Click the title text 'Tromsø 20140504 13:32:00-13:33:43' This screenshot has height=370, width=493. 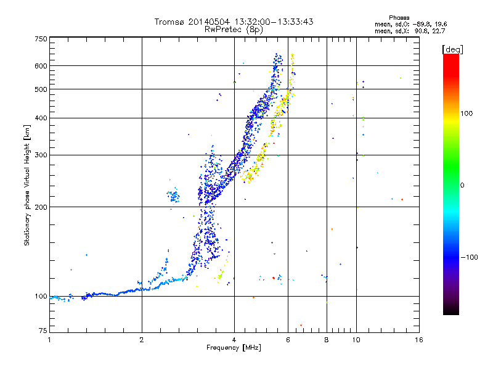pos(234,22)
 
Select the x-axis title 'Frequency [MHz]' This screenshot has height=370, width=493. pos(234,348)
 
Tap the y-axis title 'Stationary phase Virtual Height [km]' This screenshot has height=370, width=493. pos(27,185)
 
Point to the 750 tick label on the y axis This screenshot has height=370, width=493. pos(41,39)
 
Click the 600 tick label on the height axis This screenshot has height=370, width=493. pos(41,66)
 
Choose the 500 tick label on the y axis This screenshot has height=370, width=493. pos(41,89)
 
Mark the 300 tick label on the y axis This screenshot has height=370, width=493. pos(41,155)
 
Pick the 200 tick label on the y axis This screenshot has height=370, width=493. pos(41,207)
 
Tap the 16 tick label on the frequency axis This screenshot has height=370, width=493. pos(418,340)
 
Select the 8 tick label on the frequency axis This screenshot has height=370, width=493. pos(326,340)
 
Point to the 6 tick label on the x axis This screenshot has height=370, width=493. pos(288,340)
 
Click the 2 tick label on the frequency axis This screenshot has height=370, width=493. pos(142,340)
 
